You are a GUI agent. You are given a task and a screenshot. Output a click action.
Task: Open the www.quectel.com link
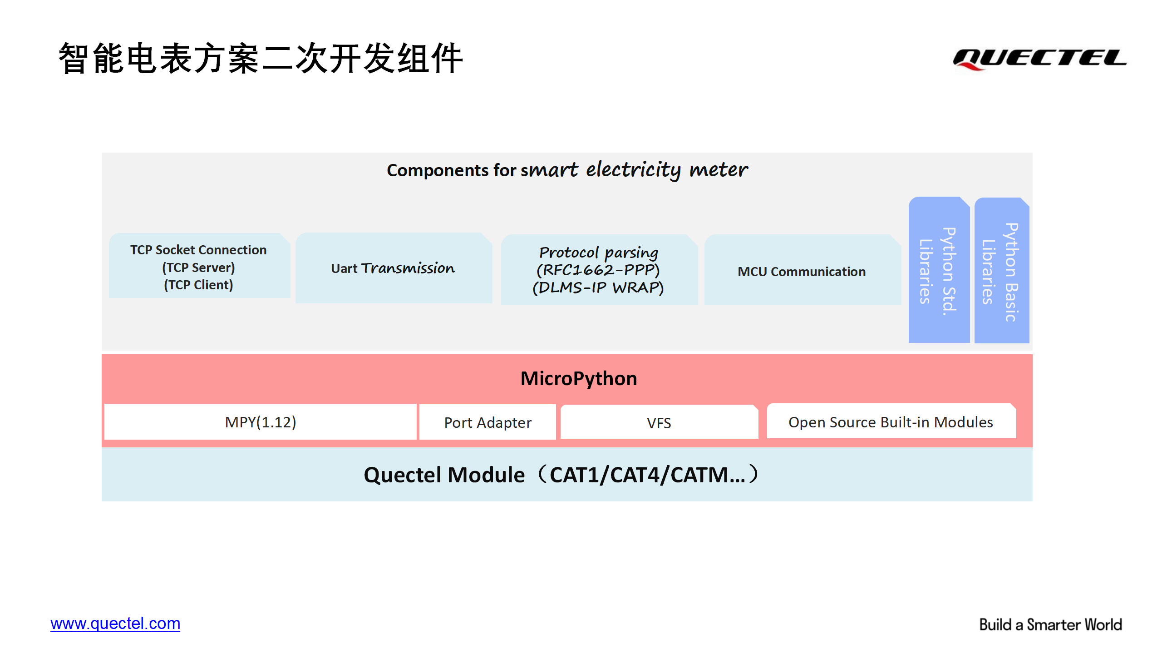(115, 624)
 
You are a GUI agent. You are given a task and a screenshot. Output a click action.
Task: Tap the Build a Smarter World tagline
(1050, 625)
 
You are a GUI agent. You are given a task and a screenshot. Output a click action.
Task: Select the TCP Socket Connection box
(200, 266)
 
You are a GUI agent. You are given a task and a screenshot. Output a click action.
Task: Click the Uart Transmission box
(394, 268)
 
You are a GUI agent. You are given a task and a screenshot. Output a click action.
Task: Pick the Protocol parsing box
(599, 270)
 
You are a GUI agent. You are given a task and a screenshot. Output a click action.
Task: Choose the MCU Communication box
(803, 270)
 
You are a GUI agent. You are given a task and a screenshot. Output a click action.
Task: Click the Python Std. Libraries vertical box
(939, 270)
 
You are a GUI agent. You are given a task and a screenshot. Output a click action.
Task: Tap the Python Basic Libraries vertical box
(1002, 270)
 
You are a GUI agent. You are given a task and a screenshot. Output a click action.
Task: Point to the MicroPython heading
(579, 378)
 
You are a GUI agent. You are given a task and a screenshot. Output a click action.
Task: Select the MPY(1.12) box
(261, 422)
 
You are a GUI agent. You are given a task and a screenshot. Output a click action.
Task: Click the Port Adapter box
(487, 422)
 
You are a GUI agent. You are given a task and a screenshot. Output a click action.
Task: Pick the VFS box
(659, 422)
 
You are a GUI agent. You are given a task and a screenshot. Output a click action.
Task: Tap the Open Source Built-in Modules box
(891, 421)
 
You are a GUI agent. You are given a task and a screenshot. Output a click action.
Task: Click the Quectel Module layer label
(561, 475)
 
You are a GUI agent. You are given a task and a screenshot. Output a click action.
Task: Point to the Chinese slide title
(261, 58)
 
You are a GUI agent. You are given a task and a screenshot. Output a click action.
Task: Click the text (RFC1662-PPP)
(598, 270)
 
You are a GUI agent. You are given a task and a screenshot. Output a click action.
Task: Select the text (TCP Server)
(199, 268)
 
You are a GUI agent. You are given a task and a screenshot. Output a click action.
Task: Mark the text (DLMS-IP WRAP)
(598, 287)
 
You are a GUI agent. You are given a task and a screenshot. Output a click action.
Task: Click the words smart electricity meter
(635, 170)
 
